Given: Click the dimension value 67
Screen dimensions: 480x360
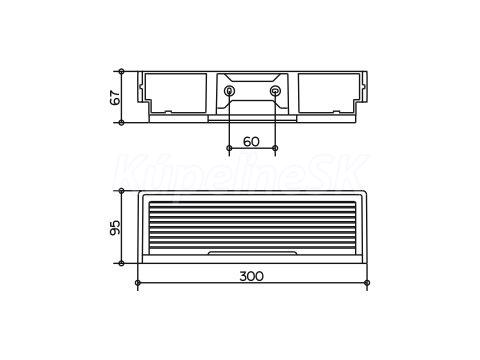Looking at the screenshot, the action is (x=115, y=97).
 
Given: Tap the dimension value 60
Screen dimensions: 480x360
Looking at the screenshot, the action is (x=251, y=142).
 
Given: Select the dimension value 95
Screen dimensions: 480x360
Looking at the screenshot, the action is (x=115, y=227).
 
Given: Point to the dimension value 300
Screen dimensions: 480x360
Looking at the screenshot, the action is (x=252, y=276).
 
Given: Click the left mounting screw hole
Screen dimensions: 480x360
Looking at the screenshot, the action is (x=229, y=90).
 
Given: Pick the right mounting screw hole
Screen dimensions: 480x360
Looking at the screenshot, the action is (x=275, y=90).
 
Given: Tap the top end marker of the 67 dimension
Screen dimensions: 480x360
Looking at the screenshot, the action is (x=122, y=71).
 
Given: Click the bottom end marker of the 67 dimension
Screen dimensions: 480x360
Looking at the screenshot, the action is (x=122, y=123).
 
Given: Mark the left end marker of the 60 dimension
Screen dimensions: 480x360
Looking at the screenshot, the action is (x=229, y=148).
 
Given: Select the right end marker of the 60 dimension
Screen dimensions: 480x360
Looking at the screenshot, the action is (x=275, y=148).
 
